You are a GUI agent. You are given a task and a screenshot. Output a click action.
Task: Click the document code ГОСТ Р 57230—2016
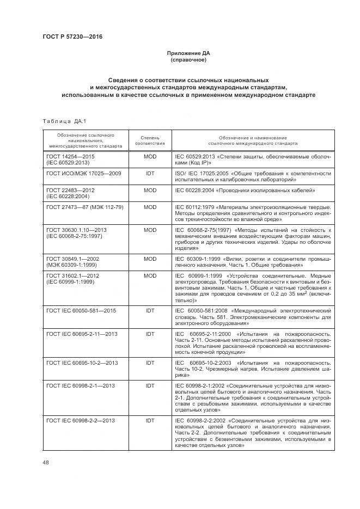72,37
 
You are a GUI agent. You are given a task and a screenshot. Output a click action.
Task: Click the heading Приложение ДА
188,53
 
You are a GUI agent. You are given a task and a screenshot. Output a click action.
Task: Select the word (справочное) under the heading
188,60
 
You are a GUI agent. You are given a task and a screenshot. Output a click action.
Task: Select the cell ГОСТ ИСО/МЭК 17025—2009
83,173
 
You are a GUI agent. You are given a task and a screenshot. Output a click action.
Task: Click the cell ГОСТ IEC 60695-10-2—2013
82,362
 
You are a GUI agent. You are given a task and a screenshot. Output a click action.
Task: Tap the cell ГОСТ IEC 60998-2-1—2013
81,385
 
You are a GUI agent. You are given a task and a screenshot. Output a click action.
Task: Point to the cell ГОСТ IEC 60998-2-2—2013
81,420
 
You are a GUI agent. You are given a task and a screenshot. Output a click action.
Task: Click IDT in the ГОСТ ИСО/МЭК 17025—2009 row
150,173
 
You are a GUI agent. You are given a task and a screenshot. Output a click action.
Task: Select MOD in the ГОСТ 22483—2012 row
150,189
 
